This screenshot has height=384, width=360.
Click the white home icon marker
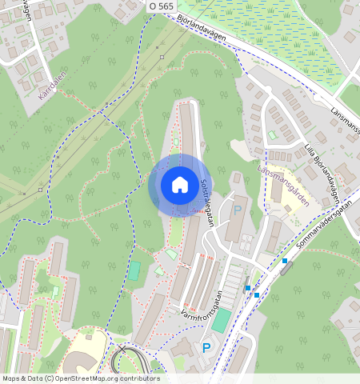tap(180, 185)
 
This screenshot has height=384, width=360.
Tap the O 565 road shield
tap(161, 6)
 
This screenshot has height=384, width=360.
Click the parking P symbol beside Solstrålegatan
tap(237, 211)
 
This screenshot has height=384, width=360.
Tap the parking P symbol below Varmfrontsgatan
tap(206, 348)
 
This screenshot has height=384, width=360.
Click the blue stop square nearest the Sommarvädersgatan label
tap(284, 261)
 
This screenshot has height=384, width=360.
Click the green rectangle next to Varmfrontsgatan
tap(220, 321)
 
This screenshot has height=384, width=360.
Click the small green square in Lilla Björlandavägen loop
tap(272, 135)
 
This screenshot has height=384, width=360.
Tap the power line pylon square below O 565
tap(162, 57)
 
